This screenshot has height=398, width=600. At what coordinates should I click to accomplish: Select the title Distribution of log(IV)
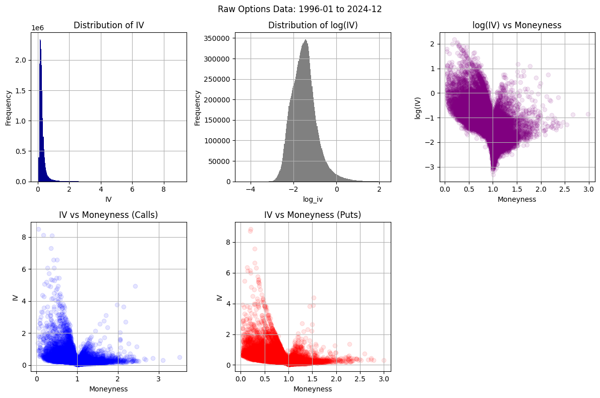(x=313, y=25)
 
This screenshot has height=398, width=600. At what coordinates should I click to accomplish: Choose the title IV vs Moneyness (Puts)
(x=313, y=215)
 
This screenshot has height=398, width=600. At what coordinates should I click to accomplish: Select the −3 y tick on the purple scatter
(x=430, y=167)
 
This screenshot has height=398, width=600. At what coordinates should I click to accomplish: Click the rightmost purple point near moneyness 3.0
(x=588, y=115)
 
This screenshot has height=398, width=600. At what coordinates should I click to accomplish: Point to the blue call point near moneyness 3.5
(x=179, y=357)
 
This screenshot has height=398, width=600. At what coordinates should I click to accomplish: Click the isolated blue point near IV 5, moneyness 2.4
(x=135, y=286)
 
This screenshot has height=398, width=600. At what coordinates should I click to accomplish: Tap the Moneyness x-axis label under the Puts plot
(x=313, y=389)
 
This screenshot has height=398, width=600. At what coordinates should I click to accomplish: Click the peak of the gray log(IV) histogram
(x=306, y=40)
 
